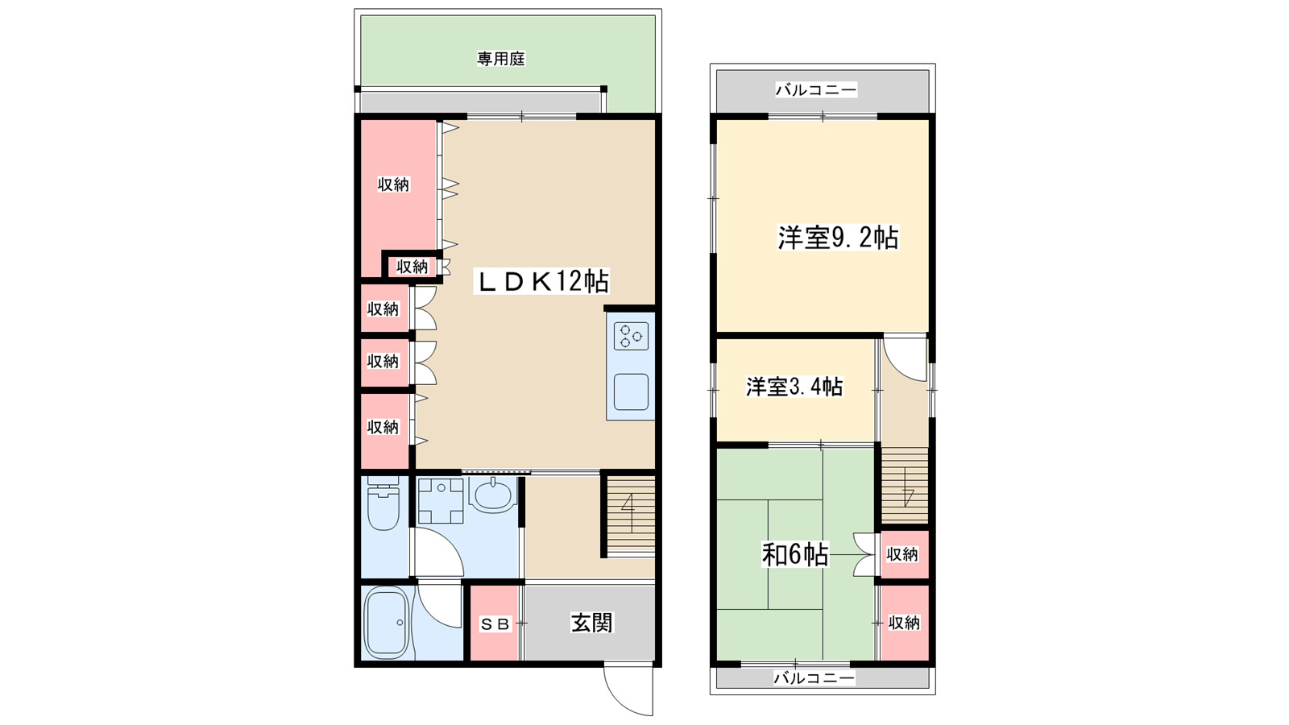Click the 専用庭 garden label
[500, 59]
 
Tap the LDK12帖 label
[544, 281]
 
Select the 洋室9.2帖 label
[837, 238]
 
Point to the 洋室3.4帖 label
[794, 387]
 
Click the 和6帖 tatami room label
[794, 554]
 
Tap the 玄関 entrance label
[591, 623]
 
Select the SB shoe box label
[495, 624]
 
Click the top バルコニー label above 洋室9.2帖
[816, 89]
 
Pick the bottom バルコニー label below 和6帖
[814, 678]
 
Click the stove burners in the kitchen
[631, 335]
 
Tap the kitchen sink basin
[631, 392]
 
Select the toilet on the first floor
[383, 506]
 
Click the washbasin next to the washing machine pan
[493, 494]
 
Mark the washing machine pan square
[440, 500]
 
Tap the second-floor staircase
[906, 487]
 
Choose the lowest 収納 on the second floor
[904, 623]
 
